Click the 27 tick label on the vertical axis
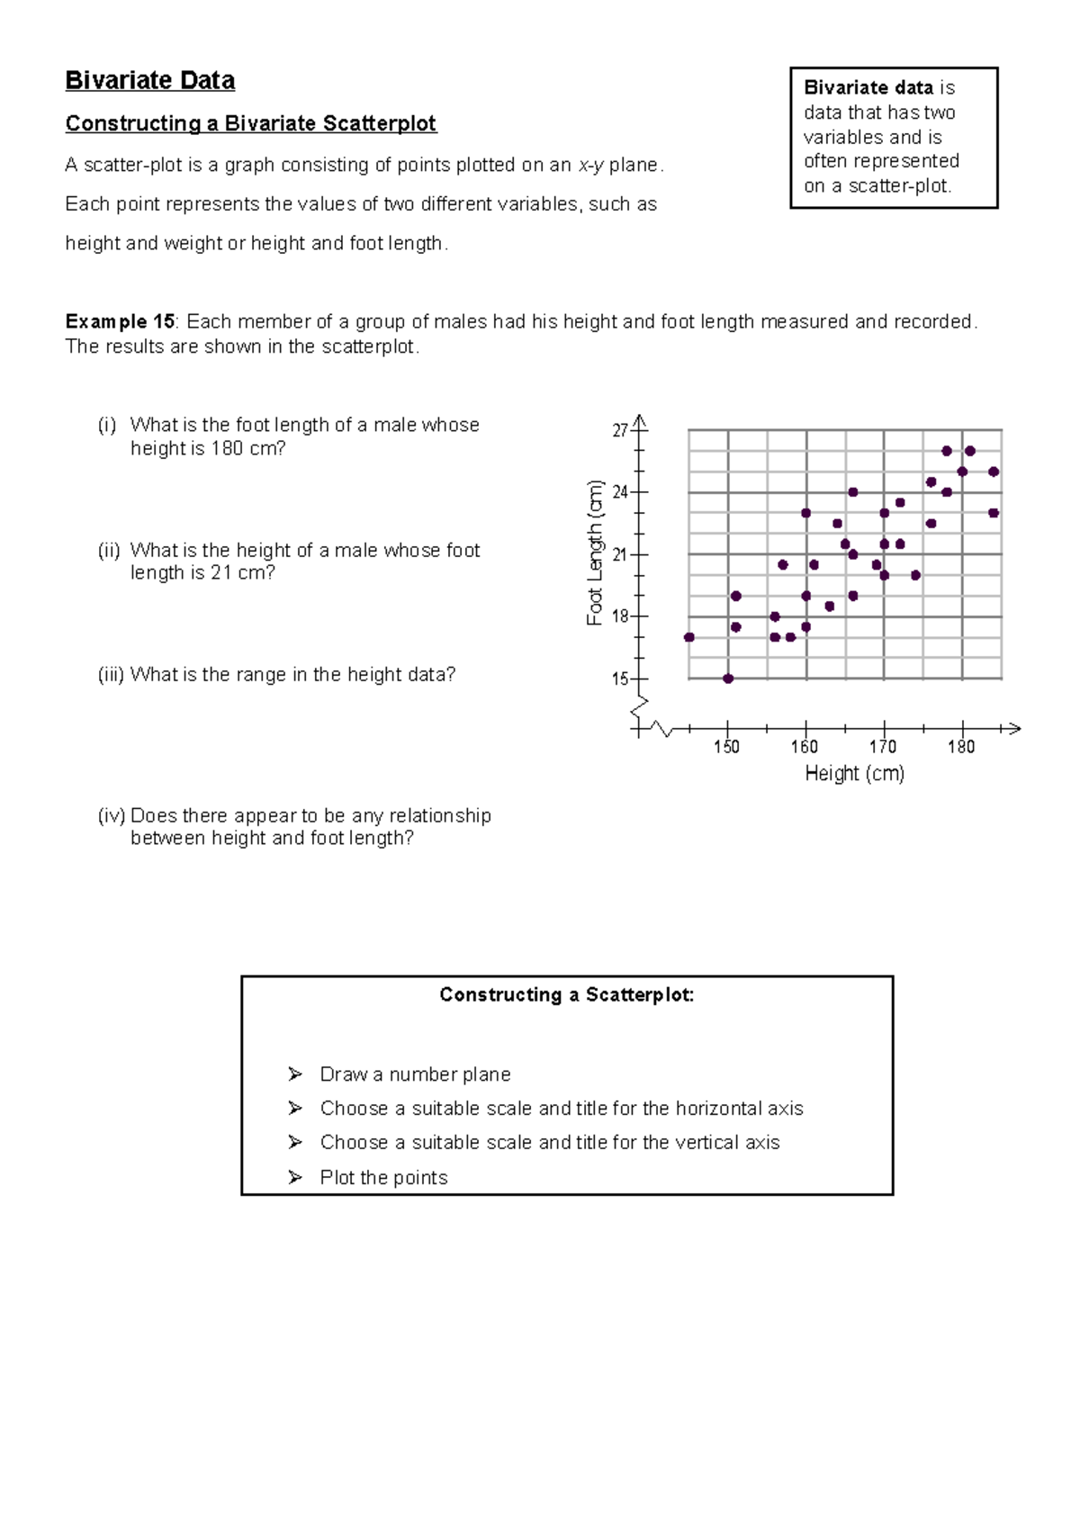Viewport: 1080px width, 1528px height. pyautogui.click(x=619, y=431)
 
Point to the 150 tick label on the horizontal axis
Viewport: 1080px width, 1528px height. pyautogui.click(x=726, y=747)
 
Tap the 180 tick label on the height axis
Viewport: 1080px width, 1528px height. pyautogui.click(x=961, y=747)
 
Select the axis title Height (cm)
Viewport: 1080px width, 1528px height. pyautogui.click(x=854, y=773)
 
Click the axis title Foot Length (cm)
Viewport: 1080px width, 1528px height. pyautogui.click(x=595, y=553)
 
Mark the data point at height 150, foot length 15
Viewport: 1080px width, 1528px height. pyautogui.click(x=728, y=679)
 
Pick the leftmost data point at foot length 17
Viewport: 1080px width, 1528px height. pyautogui.click(x=689, y=637)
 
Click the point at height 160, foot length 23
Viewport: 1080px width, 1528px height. pyautogui.click(x=806, y=513)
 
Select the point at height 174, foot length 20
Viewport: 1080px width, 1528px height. pyautogui.click(x=915, y=575)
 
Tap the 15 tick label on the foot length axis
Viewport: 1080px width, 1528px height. pyautogui.click(x=619, y=679)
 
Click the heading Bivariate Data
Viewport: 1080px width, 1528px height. pyautogui.click(x=150, y=81)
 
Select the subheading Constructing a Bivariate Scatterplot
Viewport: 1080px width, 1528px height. pyautogui.click(x=250, y=123)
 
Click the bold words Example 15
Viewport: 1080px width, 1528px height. pyautogui.click(x=120, y=322)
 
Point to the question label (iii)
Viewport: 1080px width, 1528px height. pyautogui.click(x=110, y=675)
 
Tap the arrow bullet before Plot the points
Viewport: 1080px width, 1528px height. pyautogui.click(x=295, y=1177)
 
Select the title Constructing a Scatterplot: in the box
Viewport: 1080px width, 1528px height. pyautogui.click(x=567, y=994)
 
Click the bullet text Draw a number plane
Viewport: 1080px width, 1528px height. pyautogui.click(x=415, y=1074)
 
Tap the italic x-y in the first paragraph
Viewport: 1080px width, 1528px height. pyautogui.click(x=590, y=166)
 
